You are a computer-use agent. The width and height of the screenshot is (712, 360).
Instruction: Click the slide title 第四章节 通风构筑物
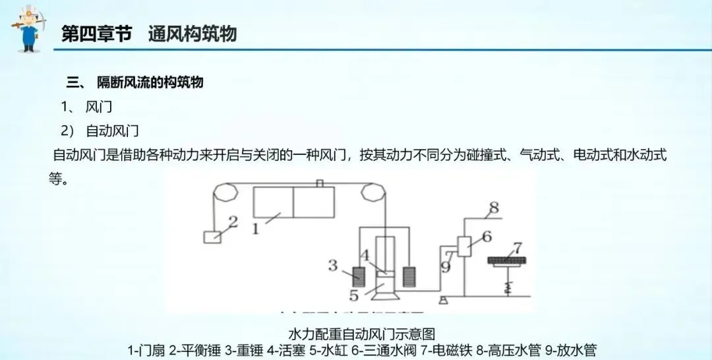[x=149, y=34]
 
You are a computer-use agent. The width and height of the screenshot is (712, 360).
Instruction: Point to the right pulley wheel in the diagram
[x=372, y=193]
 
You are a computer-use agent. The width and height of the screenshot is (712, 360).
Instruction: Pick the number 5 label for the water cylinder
[x=354, y=294]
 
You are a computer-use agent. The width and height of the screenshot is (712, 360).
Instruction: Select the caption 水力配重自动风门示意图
[x=362, y=334]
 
